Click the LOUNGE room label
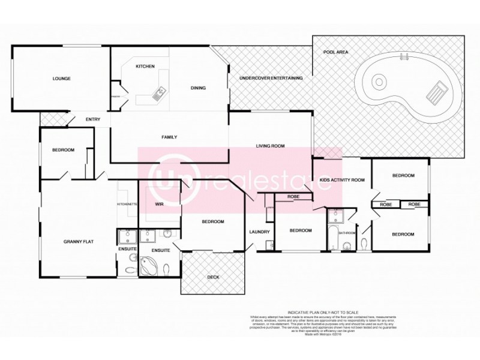tap(62, 79)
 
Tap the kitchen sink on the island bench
tap(160, 92)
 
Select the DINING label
tap(198, 88)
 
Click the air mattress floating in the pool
tap(436, 93)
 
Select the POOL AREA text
tap(335, 53)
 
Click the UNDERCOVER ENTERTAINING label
tap(271, 78)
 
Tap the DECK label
tap(213, 277)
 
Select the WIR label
tap(159, 204)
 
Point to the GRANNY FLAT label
tap(78, 242)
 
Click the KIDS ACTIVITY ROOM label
tap(342, 180)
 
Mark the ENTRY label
tap(92, 119)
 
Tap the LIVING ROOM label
tap(270, 146)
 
